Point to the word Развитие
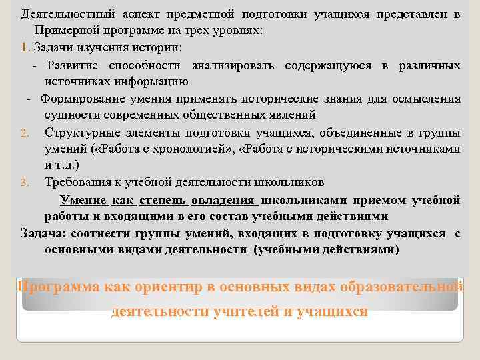[x=72, y=65]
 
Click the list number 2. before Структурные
[x=24, y=133]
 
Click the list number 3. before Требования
[x=24, y=183]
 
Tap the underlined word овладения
[x=225, y=199]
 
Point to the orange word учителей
[x=222, y=311]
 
